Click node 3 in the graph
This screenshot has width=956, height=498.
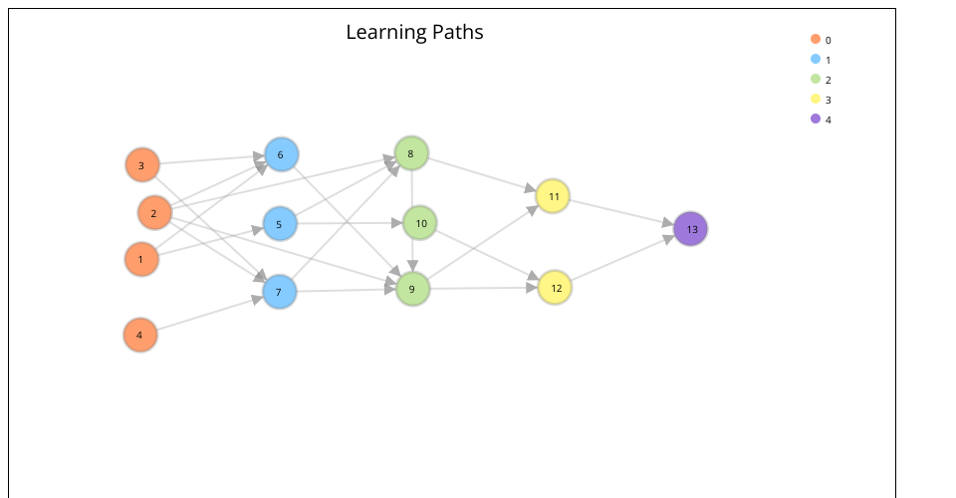(x=142, y=165)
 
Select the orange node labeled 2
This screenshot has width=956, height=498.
(x=154, y=212)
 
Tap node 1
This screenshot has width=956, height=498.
(x=141, y=260)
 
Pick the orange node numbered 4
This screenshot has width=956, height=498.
(x=140, y=335)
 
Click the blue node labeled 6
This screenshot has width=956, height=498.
(x=281, y=154)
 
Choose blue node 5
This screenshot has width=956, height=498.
(x=280, y=224)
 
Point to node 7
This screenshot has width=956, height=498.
(x=280, y=292)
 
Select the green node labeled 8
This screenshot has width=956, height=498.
(x=411, y=153)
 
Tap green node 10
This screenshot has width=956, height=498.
(x=420, y=223)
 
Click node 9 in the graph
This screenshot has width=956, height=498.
(x=412, y=290)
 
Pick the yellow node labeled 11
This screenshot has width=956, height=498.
(x=553, y=196)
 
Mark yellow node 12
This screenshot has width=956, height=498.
(x=555, y=288)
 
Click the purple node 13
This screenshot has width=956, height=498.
(x=691, y=229)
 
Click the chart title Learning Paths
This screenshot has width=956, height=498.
(x=414, y=32)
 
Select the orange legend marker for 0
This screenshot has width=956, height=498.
(x=816, y=39)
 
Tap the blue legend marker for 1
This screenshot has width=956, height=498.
(x=816, y=59)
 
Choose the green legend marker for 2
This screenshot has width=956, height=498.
(x=816, y=79)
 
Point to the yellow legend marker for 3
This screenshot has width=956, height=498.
(x=816, y=99)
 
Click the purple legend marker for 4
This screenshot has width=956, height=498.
(x=816, y=119)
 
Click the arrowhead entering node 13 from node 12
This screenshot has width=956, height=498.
(x=669, y=239)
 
